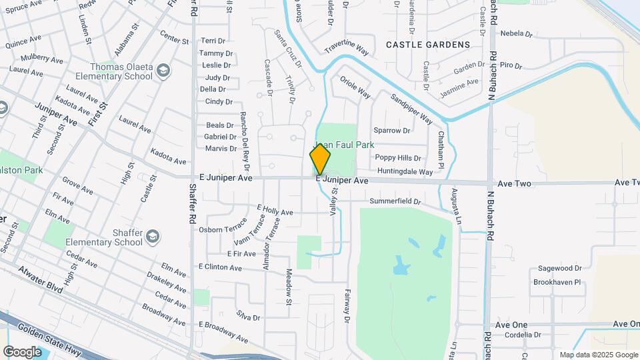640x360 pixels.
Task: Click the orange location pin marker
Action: (320, 160)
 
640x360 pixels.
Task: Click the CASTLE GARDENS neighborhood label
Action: (428, 45)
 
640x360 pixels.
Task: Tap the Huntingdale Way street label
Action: (405, 171)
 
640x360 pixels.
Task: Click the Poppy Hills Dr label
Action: (397, 158)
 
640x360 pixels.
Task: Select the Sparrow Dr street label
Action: (391, 130)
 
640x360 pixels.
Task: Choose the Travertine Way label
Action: (347, 49)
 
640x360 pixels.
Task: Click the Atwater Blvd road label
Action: (40, 287)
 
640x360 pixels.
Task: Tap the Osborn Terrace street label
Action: (223, 229)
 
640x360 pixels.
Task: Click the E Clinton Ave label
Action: (220, 267)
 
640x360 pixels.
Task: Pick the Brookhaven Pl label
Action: (557, 282)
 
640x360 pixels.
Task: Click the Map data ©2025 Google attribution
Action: (598, 355)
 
